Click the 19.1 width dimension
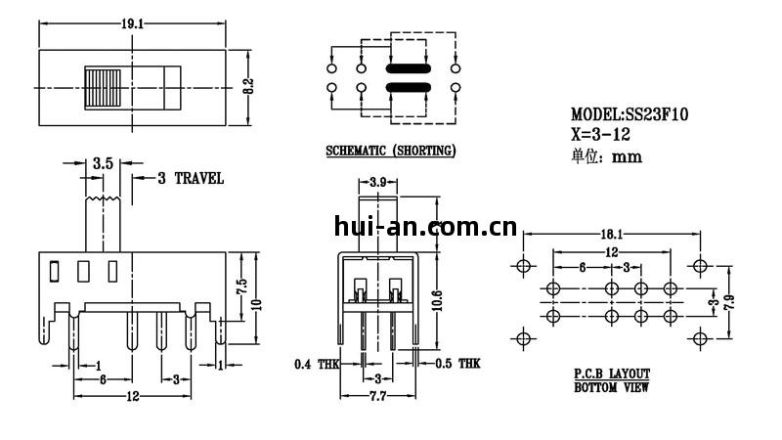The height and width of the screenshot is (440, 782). [x=131, y=23]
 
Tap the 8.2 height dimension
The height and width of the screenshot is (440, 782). [x=248, y=86]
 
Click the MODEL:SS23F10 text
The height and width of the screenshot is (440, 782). [x=630, y=114]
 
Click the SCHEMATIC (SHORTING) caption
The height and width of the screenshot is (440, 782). [x=390, y=151]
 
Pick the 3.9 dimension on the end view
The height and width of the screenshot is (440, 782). [x=383, y=182]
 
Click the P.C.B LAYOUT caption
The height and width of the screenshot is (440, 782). [x=612, y=374]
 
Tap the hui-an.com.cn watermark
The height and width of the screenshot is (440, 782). [x=424, y=229]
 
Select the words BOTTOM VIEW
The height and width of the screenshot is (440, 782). [x=612, y=388]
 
